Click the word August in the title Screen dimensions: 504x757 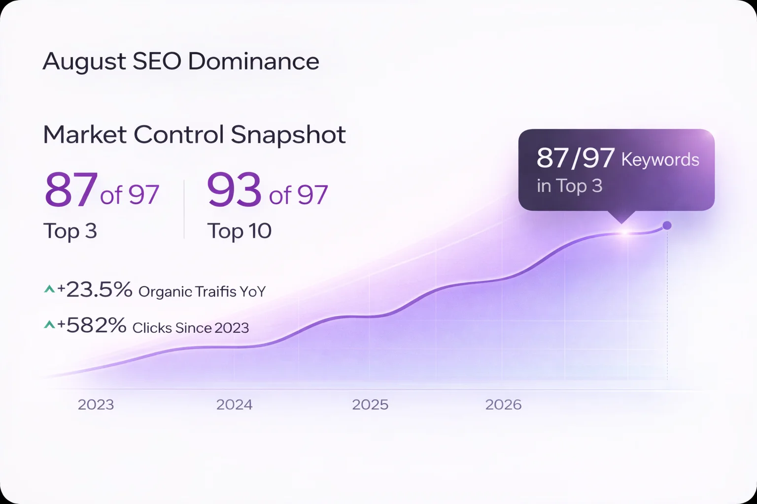tap(84, 62)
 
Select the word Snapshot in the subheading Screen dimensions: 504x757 tap(288, 134)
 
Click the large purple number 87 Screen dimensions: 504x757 tap(70, 190)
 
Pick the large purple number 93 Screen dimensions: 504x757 tap(234, 190)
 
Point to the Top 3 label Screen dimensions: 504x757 tap(70, 231)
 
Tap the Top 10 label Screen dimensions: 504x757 tap(239, 231)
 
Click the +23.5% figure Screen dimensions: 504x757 tap(95, 290)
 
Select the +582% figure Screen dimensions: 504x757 tap(92, 326)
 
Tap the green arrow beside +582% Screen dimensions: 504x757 tap(49, 324)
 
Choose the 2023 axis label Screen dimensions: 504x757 tap(96, 405)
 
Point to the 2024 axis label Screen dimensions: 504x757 tap(234, 405)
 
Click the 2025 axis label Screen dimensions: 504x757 tap(370, 405)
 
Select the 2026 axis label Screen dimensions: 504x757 tap(503, 405)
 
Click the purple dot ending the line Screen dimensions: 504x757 tap(667, 225)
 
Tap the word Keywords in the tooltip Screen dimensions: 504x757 tap(660, 159)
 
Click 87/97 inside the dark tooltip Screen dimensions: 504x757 tap(575, 158)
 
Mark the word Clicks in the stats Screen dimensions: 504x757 tap(152, 328)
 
